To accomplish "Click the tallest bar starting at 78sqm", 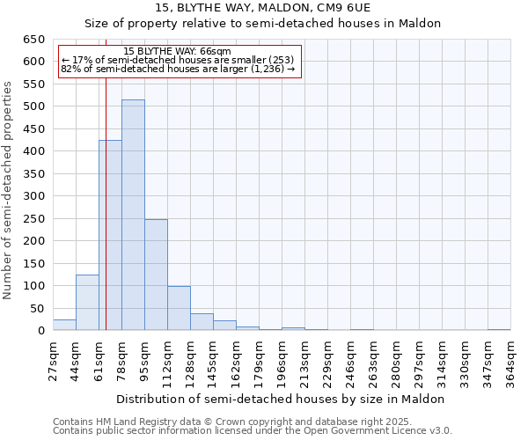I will tap(133, 216).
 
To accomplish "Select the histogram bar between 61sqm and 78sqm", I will tap(110, 236).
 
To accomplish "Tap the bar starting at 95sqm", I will tap(156, 275).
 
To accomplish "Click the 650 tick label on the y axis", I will tap(33, 40).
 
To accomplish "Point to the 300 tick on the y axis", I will tap(33, 196).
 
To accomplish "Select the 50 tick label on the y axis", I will tap(37, 309).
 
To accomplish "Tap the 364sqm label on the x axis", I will tap(510, 360).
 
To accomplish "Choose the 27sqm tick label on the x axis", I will tap(53, 360).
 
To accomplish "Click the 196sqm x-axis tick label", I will tap(282, 360).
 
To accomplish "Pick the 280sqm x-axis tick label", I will tap(396, 360).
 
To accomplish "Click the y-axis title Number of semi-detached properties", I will tap(9, 189).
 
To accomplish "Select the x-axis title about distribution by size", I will tap(281, 399).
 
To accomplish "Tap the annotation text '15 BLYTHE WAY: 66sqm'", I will tap(177, 52).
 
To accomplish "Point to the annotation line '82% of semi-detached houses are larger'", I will tap(177, 69).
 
